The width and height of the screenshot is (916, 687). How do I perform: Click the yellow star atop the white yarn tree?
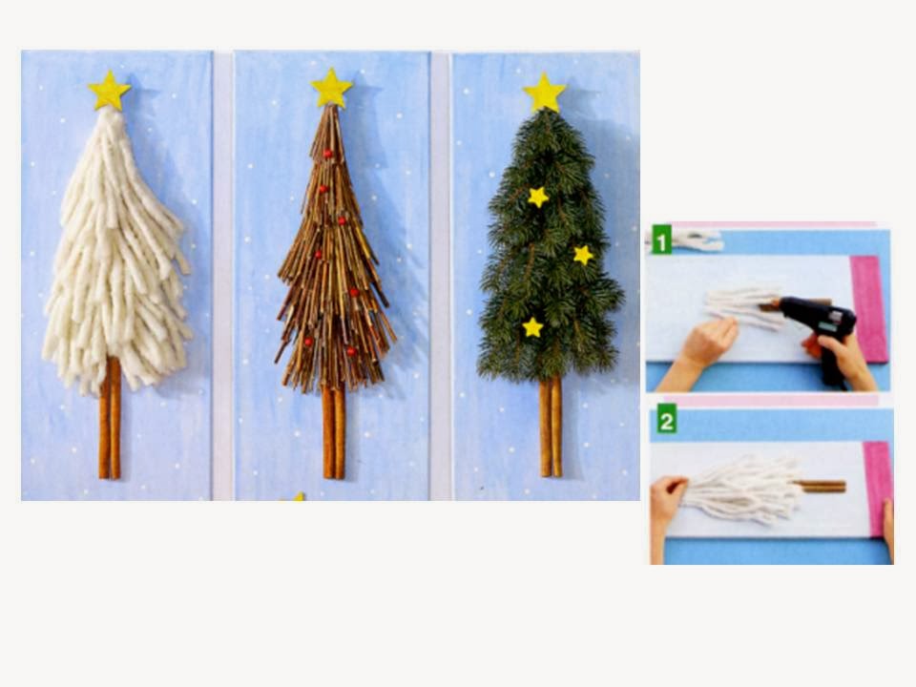(x=109, y=92)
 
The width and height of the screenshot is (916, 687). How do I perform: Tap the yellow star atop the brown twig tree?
(x=331, y=88)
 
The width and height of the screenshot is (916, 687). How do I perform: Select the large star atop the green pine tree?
(x=545, y=93)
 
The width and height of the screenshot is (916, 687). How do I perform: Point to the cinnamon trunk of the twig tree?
(x=334, y=431)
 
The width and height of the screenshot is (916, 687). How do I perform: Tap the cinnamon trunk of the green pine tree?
(x=551, y=427)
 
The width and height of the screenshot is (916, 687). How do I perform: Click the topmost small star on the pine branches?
(x=538, y=198)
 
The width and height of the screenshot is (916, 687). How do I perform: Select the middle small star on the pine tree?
(x=583, y=255)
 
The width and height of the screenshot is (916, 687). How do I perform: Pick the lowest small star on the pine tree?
(x=532, y=327)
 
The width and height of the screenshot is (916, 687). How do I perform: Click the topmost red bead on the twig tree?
(x=327, y=155)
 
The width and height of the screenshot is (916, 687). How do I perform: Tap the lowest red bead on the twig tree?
(x=351, y=351)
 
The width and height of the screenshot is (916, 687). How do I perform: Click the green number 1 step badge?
(x=662, y=239)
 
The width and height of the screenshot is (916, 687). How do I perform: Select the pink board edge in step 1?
(x=870, y=308)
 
